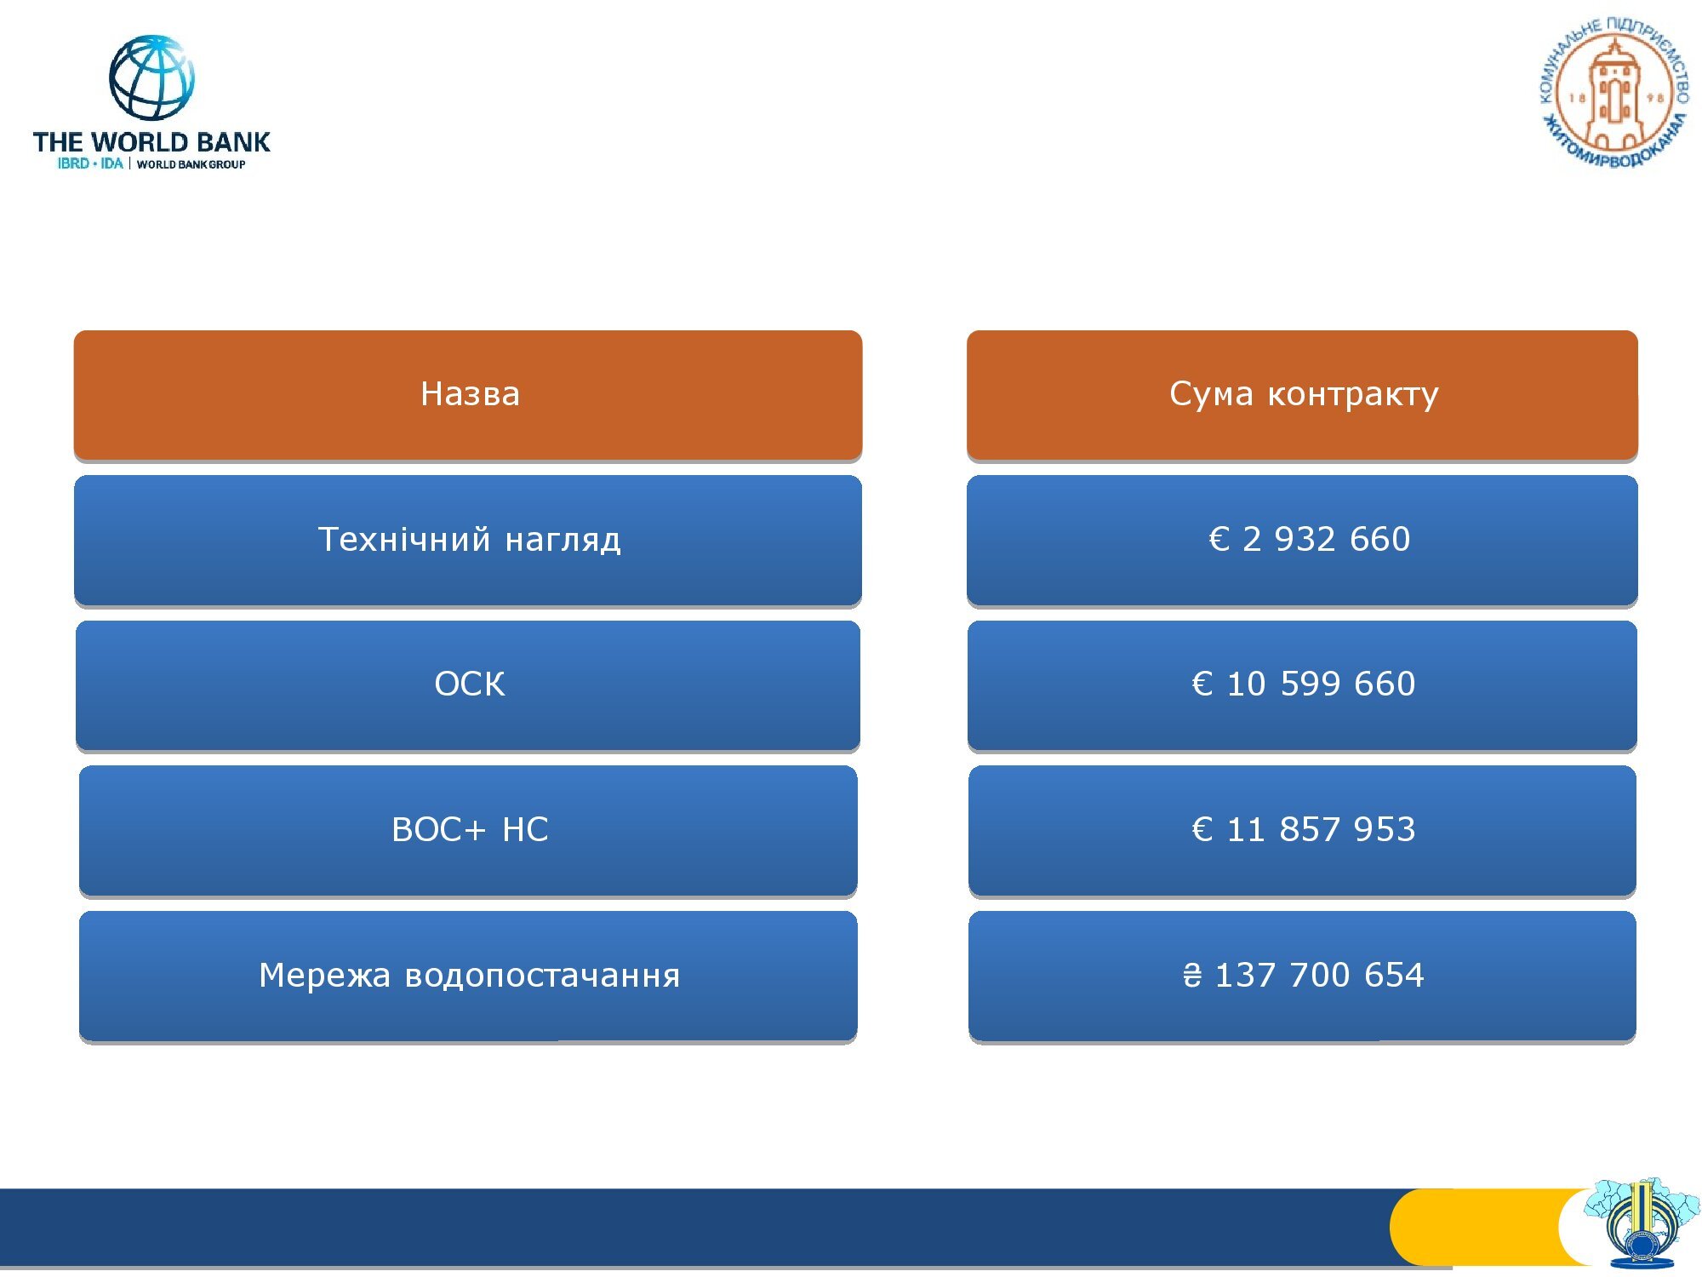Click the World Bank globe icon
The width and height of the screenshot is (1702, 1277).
(x=151, y=77)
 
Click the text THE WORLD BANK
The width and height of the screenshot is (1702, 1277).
(x=151, y=141)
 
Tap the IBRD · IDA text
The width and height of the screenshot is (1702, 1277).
(x=90, y=163)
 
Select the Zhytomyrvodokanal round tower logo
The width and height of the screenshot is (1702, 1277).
(x=1614, y=92)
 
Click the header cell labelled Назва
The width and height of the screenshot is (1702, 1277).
(x=468, y=395)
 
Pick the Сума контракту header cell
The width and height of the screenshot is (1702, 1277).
(x=1302, y=395)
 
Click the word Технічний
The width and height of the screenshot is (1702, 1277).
(x=404, y=539)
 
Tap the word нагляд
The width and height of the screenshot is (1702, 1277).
(x=563, y=541)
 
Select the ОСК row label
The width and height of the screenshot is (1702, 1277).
(x=470, y=684)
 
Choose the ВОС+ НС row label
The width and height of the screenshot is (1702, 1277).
(x=470, y=829)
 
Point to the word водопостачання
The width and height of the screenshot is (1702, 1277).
(x=542, y=976)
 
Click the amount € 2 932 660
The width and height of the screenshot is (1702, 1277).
(x=1310, y=539)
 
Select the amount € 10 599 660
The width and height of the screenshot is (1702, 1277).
(x=1304, y=684)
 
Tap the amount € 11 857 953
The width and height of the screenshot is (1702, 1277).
(x=1304, y=829)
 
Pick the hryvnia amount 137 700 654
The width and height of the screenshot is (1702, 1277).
(x=1319, y=975)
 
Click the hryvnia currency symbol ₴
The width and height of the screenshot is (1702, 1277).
(x=1192, y=975)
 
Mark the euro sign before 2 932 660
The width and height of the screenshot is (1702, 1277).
(x=1219, y=539)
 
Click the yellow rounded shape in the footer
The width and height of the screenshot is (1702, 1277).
(x=1485, y=1227)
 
